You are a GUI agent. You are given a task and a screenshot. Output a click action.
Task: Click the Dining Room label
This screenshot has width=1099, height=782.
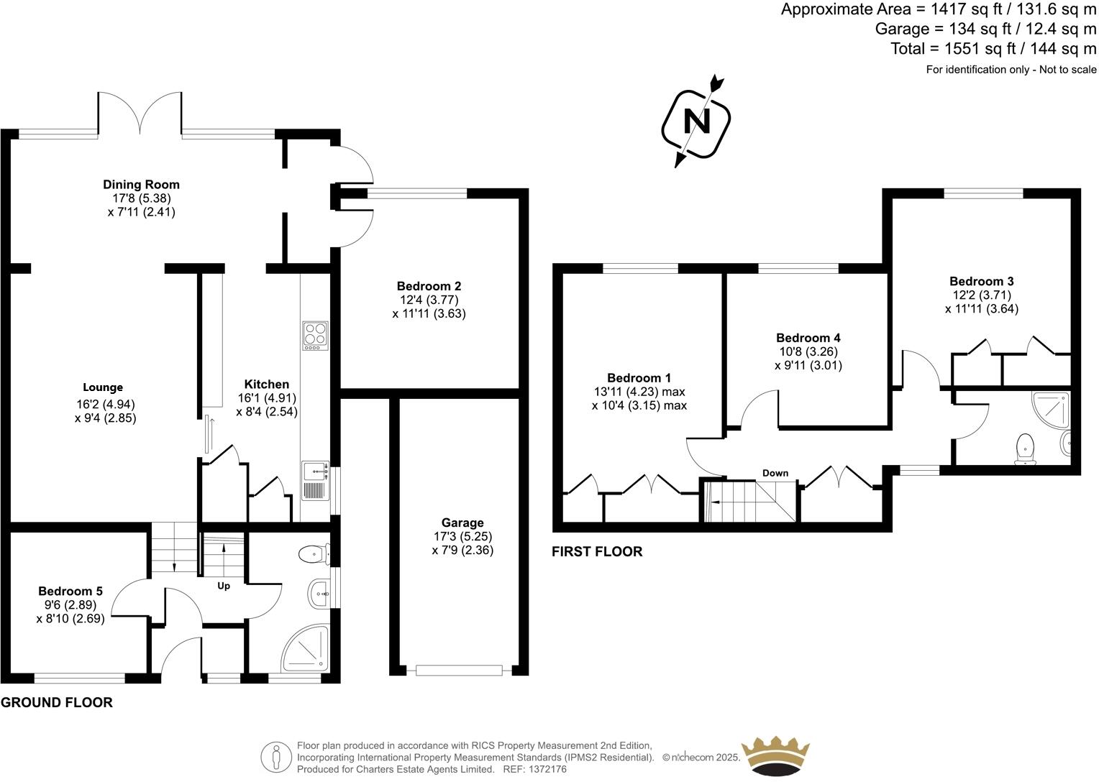[x=141, y=185]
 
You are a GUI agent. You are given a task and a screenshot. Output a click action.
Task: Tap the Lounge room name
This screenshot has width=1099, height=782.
[x=103, y=387]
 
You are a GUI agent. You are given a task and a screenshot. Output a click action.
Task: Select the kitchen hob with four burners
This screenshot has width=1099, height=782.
[x=314, y=336]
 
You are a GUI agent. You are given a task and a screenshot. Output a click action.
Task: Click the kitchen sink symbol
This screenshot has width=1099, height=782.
[x=314, y=472]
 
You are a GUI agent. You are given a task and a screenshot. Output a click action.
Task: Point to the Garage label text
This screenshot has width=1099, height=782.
[x=462, y=523]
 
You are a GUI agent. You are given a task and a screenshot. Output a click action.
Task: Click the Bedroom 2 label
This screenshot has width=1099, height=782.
[x=429, y=285]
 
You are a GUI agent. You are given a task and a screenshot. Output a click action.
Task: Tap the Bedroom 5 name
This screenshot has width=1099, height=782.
[x=70, y=591]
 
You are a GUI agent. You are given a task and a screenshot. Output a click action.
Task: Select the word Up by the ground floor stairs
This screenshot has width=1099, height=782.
[x=224, y=586]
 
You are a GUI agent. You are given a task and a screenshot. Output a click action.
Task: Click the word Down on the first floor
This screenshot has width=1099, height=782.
[x=775, y=473]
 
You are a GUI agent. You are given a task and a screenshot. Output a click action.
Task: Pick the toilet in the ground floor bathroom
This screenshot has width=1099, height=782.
[x=311, y=554]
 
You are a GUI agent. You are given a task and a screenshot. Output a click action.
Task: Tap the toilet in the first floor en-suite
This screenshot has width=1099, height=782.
[x=1023, y=448]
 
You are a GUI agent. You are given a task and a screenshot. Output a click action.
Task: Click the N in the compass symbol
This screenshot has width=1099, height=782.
[x=696, y=121]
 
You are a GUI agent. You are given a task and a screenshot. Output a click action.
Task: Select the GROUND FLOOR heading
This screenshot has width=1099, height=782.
[x=57, y=702]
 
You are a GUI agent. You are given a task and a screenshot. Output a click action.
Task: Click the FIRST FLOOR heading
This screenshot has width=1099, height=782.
[x=596, y=551]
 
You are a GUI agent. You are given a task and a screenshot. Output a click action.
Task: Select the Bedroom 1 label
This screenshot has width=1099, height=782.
[x=639, y=378]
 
